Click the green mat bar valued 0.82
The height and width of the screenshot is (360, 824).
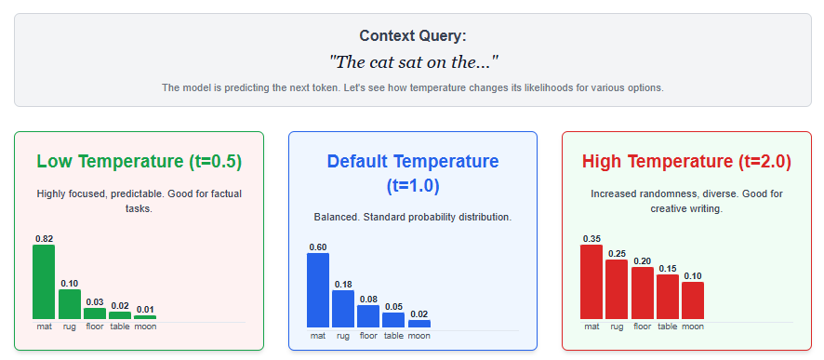(x=44, y=282)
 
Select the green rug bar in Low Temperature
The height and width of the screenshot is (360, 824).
(x=70, y=304)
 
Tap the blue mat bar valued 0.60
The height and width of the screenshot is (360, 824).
(x=318, y=290)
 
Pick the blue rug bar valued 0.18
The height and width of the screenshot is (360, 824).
(x=343, y=309)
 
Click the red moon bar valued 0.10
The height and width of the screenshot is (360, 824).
(x=693, y=300)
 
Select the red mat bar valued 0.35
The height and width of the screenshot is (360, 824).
(x=591, y=282)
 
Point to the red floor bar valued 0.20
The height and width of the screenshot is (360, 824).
(x=642, y=293)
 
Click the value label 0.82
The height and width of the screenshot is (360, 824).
(x=44, y=238)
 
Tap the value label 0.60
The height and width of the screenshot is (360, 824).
(x=318, y=247)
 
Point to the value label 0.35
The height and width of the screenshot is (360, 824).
(x=591, y=238)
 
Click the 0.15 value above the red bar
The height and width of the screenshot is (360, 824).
(x=668, y=269)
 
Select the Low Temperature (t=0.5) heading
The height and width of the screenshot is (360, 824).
(x=140, y=162)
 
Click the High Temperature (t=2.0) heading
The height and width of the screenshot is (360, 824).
(x=687, y=162)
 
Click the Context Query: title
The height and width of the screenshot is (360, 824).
(x=413, y=36)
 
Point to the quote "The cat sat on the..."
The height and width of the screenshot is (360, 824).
(x=413, y=62)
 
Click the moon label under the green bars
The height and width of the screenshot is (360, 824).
(x=145, y=327)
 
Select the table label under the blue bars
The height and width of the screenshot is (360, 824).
(x=393, y=335)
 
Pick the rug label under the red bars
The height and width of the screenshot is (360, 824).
(x=617, y=327)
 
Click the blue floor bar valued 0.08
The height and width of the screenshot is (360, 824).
(x=368, y=316)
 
